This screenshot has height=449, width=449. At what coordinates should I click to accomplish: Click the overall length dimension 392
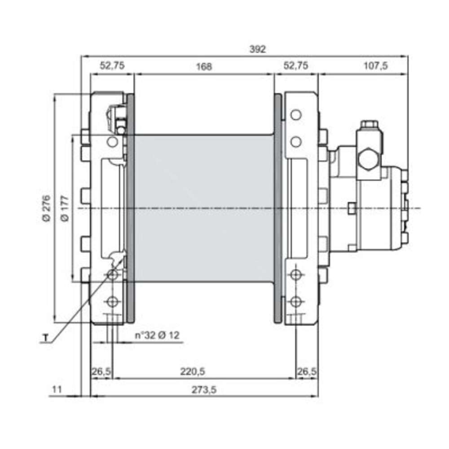pos(257,49)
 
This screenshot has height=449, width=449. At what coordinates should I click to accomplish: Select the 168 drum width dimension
pos(204,67)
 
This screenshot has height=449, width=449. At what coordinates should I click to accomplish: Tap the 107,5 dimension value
pos(375,66)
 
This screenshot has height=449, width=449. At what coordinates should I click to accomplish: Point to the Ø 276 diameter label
pos(46,208)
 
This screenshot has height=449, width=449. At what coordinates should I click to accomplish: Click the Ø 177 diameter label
pos(65,208)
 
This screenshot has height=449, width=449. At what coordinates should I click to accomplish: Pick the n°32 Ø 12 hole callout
pos(157,335)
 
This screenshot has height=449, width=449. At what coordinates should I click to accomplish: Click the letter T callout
pos(45,338)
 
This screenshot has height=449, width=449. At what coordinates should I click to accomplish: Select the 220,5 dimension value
pos(193,372)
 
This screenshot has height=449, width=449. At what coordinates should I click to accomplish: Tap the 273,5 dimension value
pos(204,390)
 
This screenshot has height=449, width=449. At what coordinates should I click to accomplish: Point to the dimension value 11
pos(57,389)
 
